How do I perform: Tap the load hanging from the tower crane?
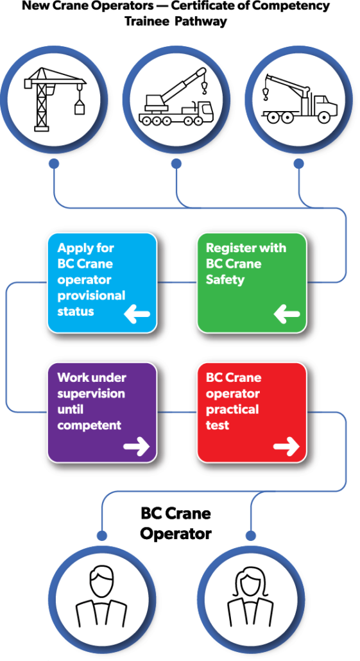click(x=80, y=108)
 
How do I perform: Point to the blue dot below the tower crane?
click(x=54, y=165)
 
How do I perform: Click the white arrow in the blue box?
click(x=137, y=314)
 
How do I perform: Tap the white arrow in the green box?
click(x=286, y=314)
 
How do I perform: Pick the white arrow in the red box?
click(x=286, y=447)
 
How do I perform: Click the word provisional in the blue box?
click(x=91, y=296)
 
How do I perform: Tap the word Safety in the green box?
click(x=225, y=280)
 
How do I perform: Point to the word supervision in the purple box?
click(x=91, y=393)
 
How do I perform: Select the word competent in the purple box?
click(x=89, y=425)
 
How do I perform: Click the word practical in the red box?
click(x=232, y=409)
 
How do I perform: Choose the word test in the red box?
click(x=218, y=425)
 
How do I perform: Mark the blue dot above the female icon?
click(x=251, y=535)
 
